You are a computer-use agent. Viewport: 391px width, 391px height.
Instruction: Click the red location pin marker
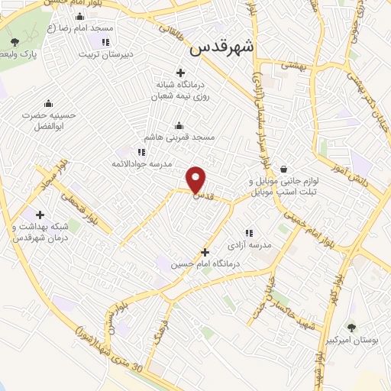197,179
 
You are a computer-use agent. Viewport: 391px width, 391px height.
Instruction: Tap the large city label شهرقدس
221,47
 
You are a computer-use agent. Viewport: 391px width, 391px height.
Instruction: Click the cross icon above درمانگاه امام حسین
204,252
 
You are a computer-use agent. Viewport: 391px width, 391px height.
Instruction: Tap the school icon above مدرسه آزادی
248,233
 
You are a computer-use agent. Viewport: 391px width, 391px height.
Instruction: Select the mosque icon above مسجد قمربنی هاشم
179,126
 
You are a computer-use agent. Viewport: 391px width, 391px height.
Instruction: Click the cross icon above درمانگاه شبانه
180,73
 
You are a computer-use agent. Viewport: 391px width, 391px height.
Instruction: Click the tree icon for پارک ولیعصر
15,41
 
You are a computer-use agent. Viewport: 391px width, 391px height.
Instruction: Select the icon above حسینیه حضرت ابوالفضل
49,104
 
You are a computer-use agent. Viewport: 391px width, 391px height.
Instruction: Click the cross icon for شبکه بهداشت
40,215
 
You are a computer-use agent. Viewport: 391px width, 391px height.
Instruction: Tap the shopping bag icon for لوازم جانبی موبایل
283,169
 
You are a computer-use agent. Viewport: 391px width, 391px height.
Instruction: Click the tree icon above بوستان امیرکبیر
351,326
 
